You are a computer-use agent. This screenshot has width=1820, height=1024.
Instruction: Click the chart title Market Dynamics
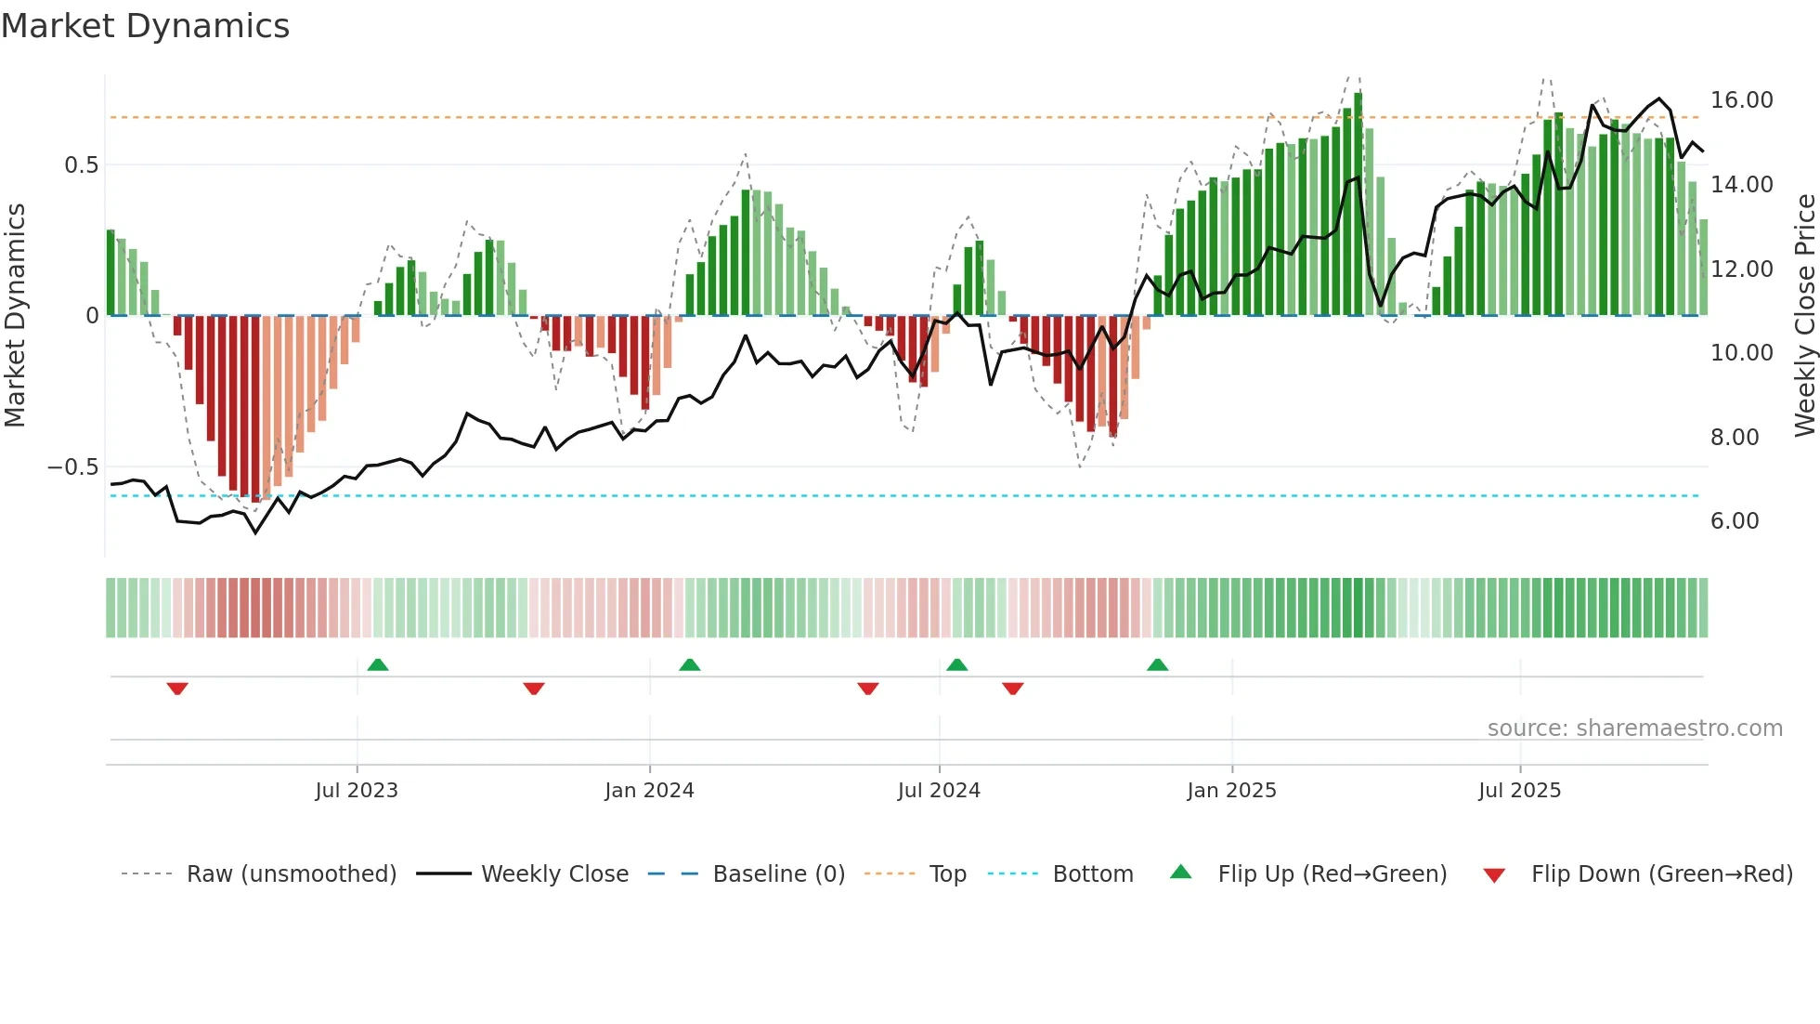146,26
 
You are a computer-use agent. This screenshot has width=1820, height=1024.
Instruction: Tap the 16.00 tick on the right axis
1741,100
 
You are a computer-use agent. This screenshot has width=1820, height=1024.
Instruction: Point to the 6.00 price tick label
1735,521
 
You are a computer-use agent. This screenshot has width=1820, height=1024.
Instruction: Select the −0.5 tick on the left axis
73,467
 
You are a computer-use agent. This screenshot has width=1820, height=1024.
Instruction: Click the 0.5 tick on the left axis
81,165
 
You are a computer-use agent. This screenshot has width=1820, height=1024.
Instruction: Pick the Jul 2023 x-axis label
357,791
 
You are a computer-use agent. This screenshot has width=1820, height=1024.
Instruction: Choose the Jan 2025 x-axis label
1231,791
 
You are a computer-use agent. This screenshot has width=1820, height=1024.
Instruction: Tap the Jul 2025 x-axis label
1519,791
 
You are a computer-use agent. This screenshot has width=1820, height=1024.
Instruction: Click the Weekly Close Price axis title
1804,315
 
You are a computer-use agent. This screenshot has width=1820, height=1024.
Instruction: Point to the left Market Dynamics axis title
15,315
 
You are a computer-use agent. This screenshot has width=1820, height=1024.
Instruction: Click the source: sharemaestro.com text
1634,729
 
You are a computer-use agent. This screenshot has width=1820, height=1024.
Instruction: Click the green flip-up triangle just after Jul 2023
378,665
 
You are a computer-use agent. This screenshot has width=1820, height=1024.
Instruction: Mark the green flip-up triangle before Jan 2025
1157,665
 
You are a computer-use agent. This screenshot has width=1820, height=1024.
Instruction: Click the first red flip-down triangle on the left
177,689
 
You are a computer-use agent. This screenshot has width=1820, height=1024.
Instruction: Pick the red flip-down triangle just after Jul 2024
1013,689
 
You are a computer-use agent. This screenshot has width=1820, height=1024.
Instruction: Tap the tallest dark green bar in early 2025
1358,204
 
